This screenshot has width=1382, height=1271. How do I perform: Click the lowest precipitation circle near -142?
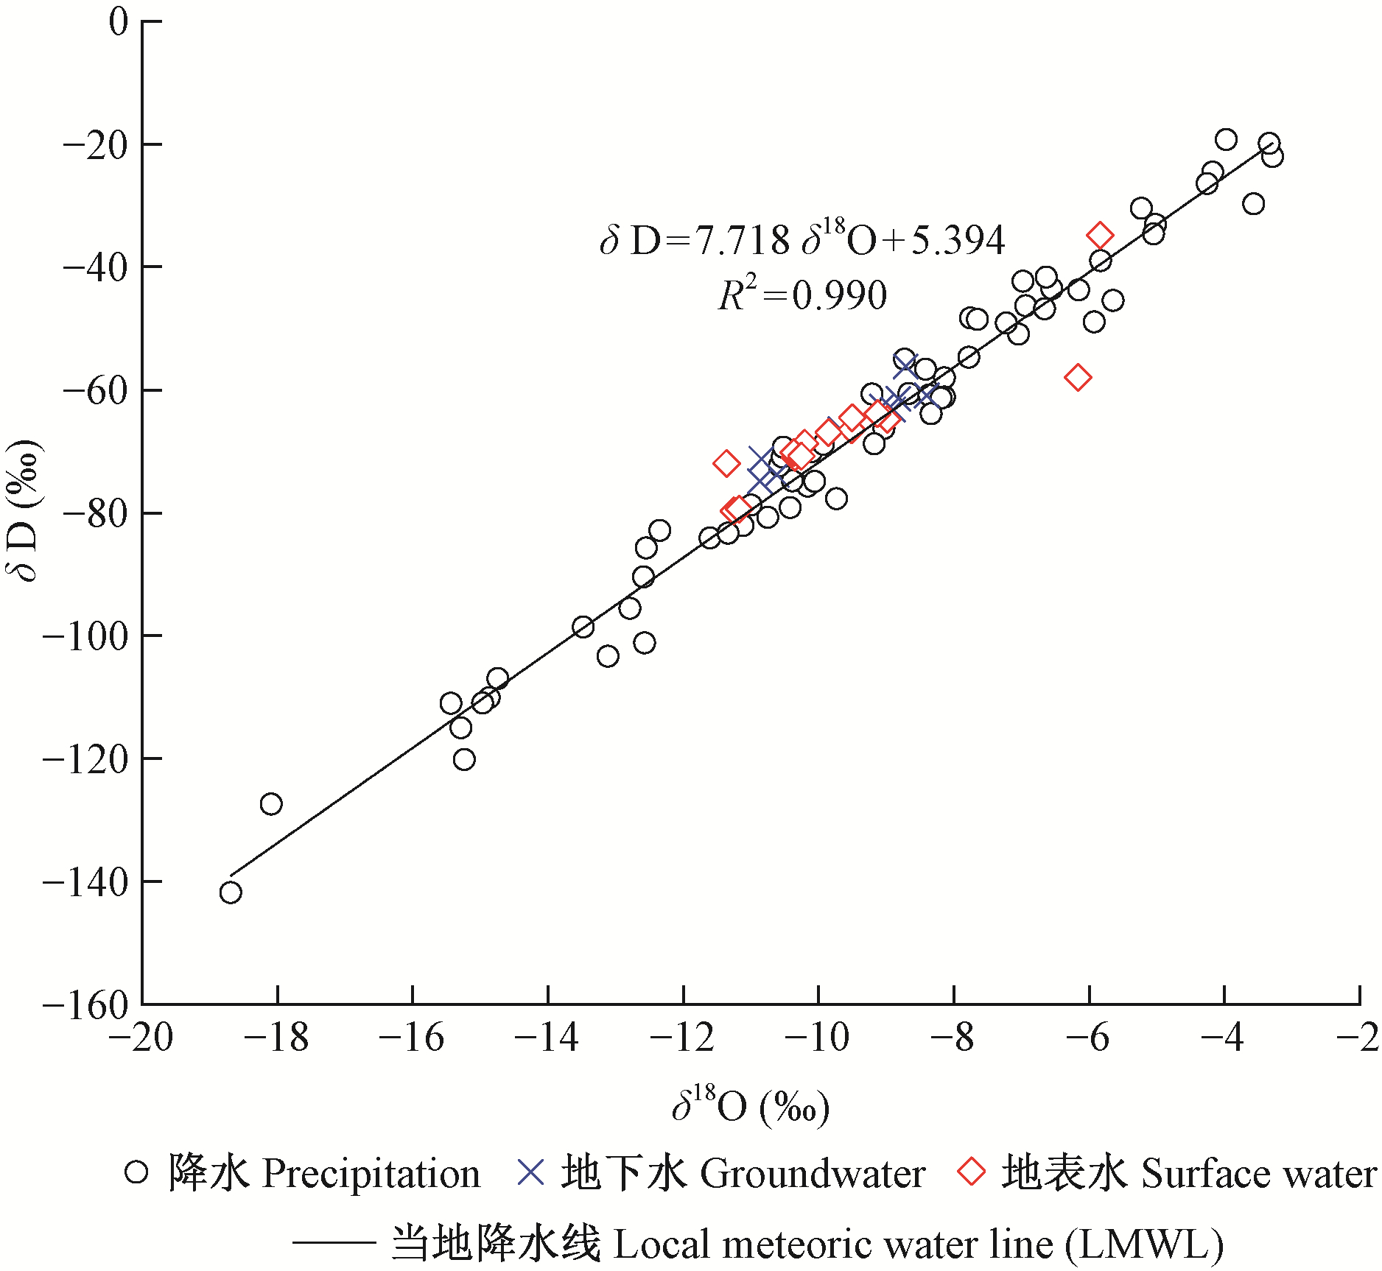pos(231,892)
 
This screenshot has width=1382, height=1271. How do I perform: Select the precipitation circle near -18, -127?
pos(271,803)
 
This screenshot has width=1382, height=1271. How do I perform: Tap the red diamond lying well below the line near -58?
pos(1078,378)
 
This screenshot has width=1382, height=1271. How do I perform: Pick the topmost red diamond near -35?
pos(1101,236)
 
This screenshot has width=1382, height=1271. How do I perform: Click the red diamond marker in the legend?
pos(972,1172)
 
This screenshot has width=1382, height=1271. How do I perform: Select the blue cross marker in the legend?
pos(530,1172)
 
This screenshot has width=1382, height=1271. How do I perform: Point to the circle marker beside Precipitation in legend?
pos(136,1172)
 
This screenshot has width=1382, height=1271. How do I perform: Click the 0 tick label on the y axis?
pos(118,21)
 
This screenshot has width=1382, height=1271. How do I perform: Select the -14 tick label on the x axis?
pos(547,1038)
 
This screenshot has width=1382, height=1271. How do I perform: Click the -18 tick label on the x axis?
pos(276,1038)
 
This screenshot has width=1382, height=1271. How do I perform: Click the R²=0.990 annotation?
pos(802,295)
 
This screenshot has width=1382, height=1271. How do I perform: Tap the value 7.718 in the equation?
pos(742,240)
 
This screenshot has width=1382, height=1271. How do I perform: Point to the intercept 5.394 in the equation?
pos(958,240)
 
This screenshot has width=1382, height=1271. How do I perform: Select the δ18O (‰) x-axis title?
pos(751,1105)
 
